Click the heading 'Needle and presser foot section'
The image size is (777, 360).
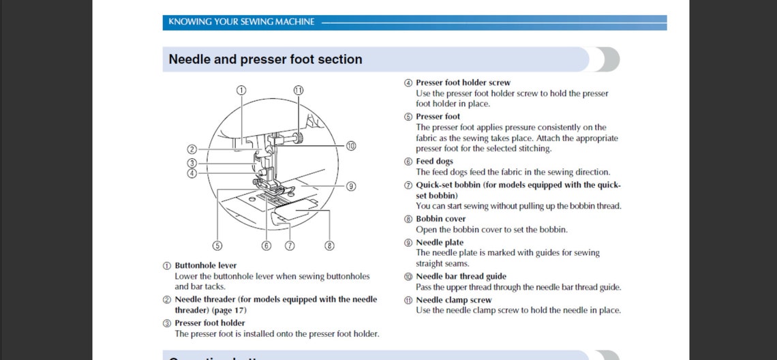coord(265,59)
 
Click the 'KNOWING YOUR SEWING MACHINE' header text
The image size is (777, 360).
coord(241,22)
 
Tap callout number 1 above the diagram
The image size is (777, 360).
coord(241,90)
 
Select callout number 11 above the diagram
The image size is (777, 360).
coord(299,90)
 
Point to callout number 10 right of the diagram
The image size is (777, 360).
coord(350,145)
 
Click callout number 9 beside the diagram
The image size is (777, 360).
coord(350,185)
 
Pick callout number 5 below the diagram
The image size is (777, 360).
coord(217,245)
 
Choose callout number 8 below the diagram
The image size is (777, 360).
coord(329,245)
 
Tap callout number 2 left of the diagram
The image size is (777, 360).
coord(192,149)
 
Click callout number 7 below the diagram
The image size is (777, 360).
coord(290,245)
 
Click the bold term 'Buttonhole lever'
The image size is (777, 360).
coord(206,265)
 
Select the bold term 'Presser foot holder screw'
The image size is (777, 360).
coord(463,82)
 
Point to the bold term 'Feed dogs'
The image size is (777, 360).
coord(434,162)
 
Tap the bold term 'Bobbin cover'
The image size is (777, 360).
coord(441,219)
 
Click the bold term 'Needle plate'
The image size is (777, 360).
coord(440,242)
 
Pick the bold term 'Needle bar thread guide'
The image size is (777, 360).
coord(461,276)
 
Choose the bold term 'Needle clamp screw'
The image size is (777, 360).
coord(453,300)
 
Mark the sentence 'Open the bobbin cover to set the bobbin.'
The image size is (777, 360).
coord(491,230)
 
